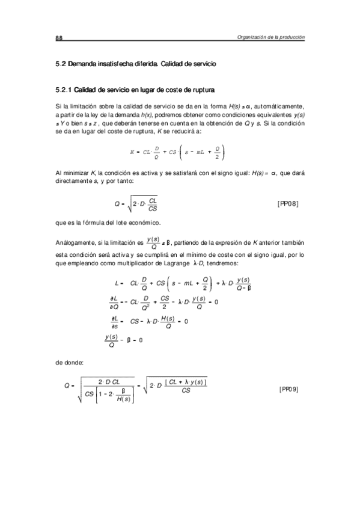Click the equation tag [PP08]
pos(287,203)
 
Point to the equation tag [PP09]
pos(288,389)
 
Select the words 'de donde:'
pos(67,363)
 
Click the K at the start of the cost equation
pos(132,151)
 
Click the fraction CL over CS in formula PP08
pos(153,204)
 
